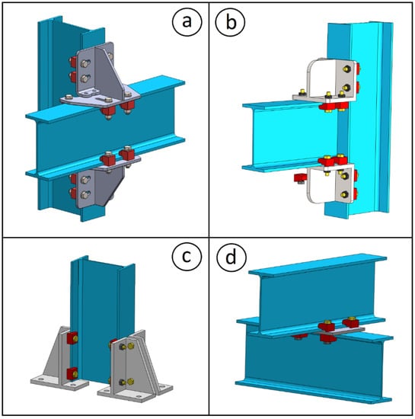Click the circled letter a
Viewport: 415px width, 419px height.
[x=187, y=21]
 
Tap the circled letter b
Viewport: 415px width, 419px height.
[x=230, y=21]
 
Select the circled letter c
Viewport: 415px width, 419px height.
[x=186, y=256]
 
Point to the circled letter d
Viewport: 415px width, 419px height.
[x=231, y=257]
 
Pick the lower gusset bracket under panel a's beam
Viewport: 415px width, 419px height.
[x=104, y=184]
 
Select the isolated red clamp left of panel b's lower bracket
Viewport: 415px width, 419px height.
[x=301, y=178]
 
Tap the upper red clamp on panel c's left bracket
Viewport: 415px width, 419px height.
[x=72, y=338]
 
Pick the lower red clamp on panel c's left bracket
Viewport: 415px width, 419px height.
[x=72, y=373]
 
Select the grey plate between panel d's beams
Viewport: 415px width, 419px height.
[x=339, y=331]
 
